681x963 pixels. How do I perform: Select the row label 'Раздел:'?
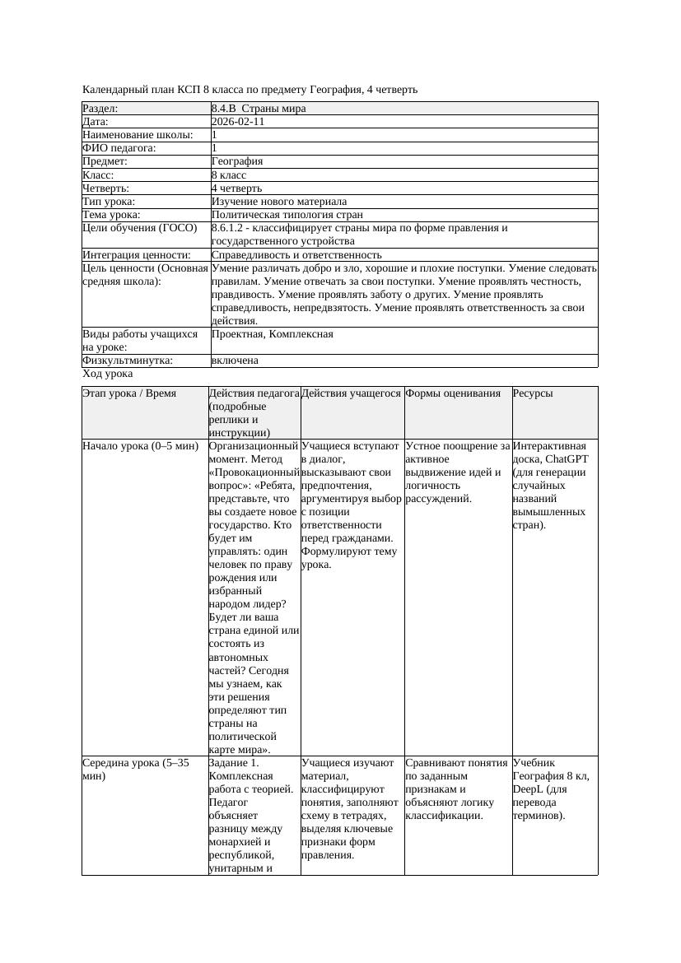click(100, 109)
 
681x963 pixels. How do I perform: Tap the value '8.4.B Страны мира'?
click(259, 109)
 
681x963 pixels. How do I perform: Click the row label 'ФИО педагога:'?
click(119, 148)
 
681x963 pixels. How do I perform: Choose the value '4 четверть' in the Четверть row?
click(236, 188)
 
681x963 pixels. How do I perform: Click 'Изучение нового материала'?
click(278, 202)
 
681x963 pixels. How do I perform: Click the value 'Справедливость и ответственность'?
click(296, 255)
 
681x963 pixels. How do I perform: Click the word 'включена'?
click(235, 361)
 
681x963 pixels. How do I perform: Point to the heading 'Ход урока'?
click(108, 374)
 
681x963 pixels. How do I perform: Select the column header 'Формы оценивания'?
click(453, 393)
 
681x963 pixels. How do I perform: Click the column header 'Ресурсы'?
click(533, 393)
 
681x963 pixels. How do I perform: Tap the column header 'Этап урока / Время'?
click(129, 393)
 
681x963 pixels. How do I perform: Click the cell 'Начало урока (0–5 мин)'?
click(141, 446)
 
